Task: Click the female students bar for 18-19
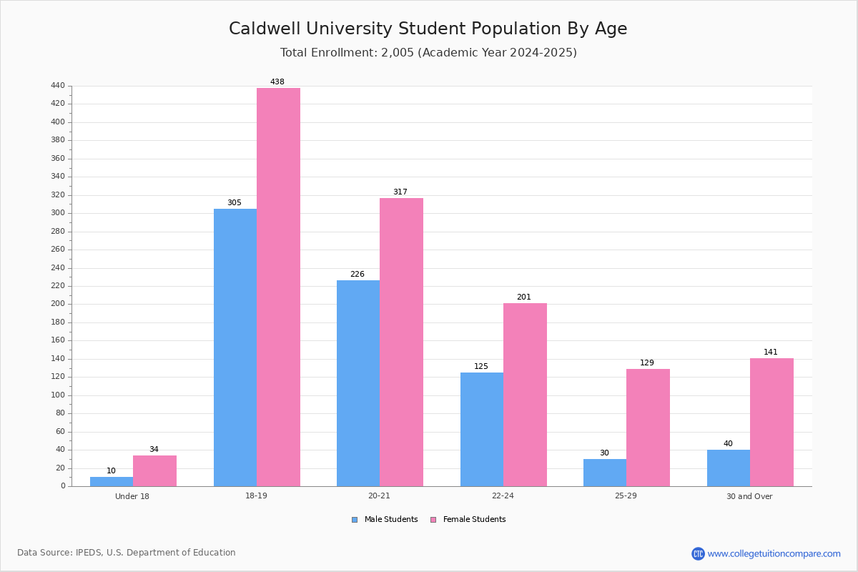[278, 287]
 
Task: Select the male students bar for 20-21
[358, 383]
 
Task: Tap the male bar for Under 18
[112, 482]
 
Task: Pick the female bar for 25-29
[648, 428]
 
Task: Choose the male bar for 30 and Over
[729, 468]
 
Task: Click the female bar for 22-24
[525, 395]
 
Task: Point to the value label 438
[277, 82]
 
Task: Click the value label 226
[357, 274]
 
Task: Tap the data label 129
[647, 363]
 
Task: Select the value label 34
[154, 449]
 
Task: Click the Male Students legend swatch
[355, 520]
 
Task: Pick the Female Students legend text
[474, 519]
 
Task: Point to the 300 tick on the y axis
[58, 212]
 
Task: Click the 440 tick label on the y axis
[58, 85]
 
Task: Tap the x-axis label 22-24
[503, 495]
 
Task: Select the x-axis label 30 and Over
[749, 496]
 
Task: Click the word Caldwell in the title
[265, 29]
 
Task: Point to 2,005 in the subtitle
[398, 52]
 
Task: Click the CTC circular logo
[698, 553]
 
